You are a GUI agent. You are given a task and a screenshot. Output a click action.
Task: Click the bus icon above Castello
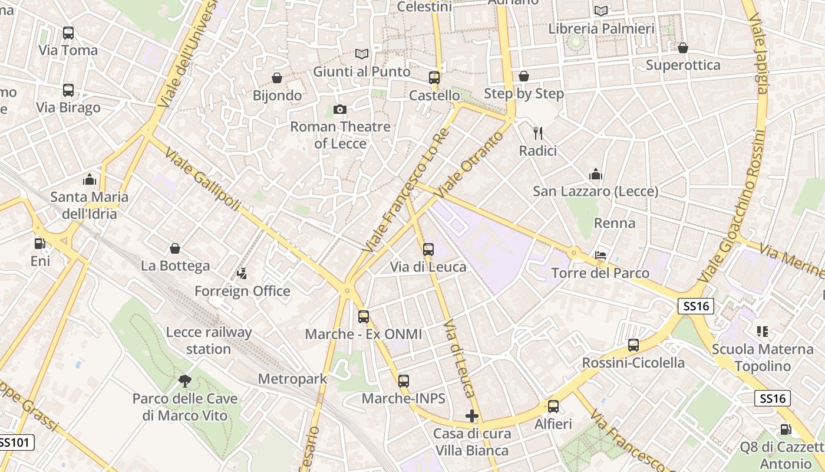(434, 78)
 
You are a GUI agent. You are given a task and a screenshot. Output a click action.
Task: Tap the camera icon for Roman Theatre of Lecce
(339, 109)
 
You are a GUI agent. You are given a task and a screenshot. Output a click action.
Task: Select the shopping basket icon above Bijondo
(276, 78)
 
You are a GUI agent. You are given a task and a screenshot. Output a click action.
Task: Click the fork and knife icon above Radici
(537, 133)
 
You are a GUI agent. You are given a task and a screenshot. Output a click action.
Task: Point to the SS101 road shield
(16, 442)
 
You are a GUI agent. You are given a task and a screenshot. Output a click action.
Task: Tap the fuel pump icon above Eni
(39, 243)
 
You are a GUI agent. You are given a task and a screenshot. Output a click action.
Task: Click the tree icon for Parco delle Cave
(185, 381)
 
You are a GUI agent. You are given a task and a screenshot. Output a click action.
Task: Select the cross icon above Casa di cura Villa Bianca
(471, 417)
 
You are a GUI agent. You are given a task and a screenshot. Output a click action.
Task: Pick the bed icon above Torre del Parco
(600, 255)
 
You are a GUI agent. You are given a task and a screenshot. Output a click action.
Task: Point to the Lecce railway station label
(209, 340)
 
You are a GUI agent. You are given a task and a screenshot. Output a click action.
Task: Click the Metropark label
(292, 379)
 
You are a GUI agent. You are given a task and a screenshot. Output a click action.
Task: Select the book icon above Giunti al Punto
(362, 54)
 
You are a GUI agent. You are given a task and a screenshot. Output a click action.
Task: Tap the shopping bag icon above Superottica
(683, 48)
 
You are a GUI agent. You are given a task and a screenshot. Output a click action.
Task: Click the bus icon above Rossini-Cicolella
(633, 345)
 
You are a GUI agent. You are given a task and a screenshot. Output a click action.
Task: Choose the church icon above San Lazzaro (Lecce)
(596, 174)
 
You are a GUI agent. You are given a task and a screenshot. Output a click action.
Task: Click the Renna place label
(615, 223)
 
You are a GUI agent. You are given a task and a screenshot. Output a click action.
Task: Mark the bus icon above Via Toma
(68, 33)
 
